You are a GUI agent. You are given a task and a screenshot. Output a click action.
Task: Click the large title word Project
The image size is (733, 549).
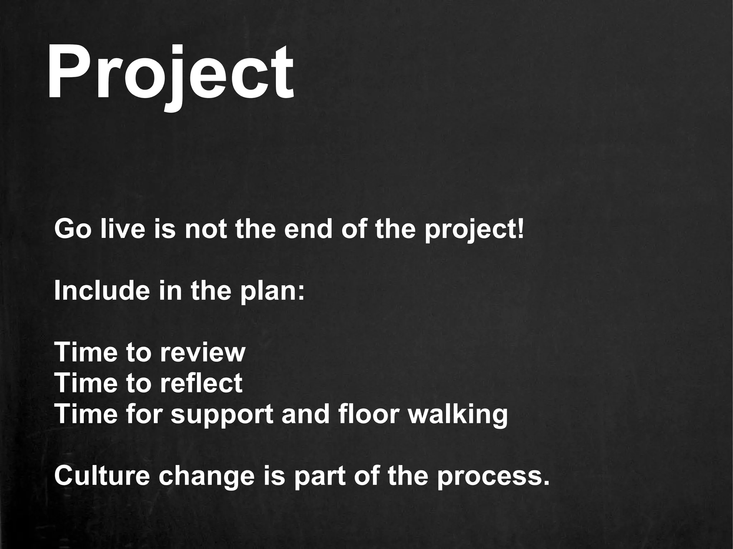pos(170,73)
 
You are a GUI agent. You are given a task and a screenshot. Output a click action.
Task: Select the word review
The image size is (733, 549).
pos(203,352)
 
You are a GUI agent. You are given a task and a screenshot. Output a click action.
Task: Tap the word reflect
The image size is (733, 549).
pos(201,383)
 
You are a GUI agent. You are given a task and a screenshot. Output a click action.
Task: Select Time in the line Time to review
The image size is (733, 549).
pos(86,352)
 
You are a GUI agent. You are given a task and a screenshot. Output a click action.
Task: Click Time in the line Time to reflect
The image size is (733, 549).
pos(86,383)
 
